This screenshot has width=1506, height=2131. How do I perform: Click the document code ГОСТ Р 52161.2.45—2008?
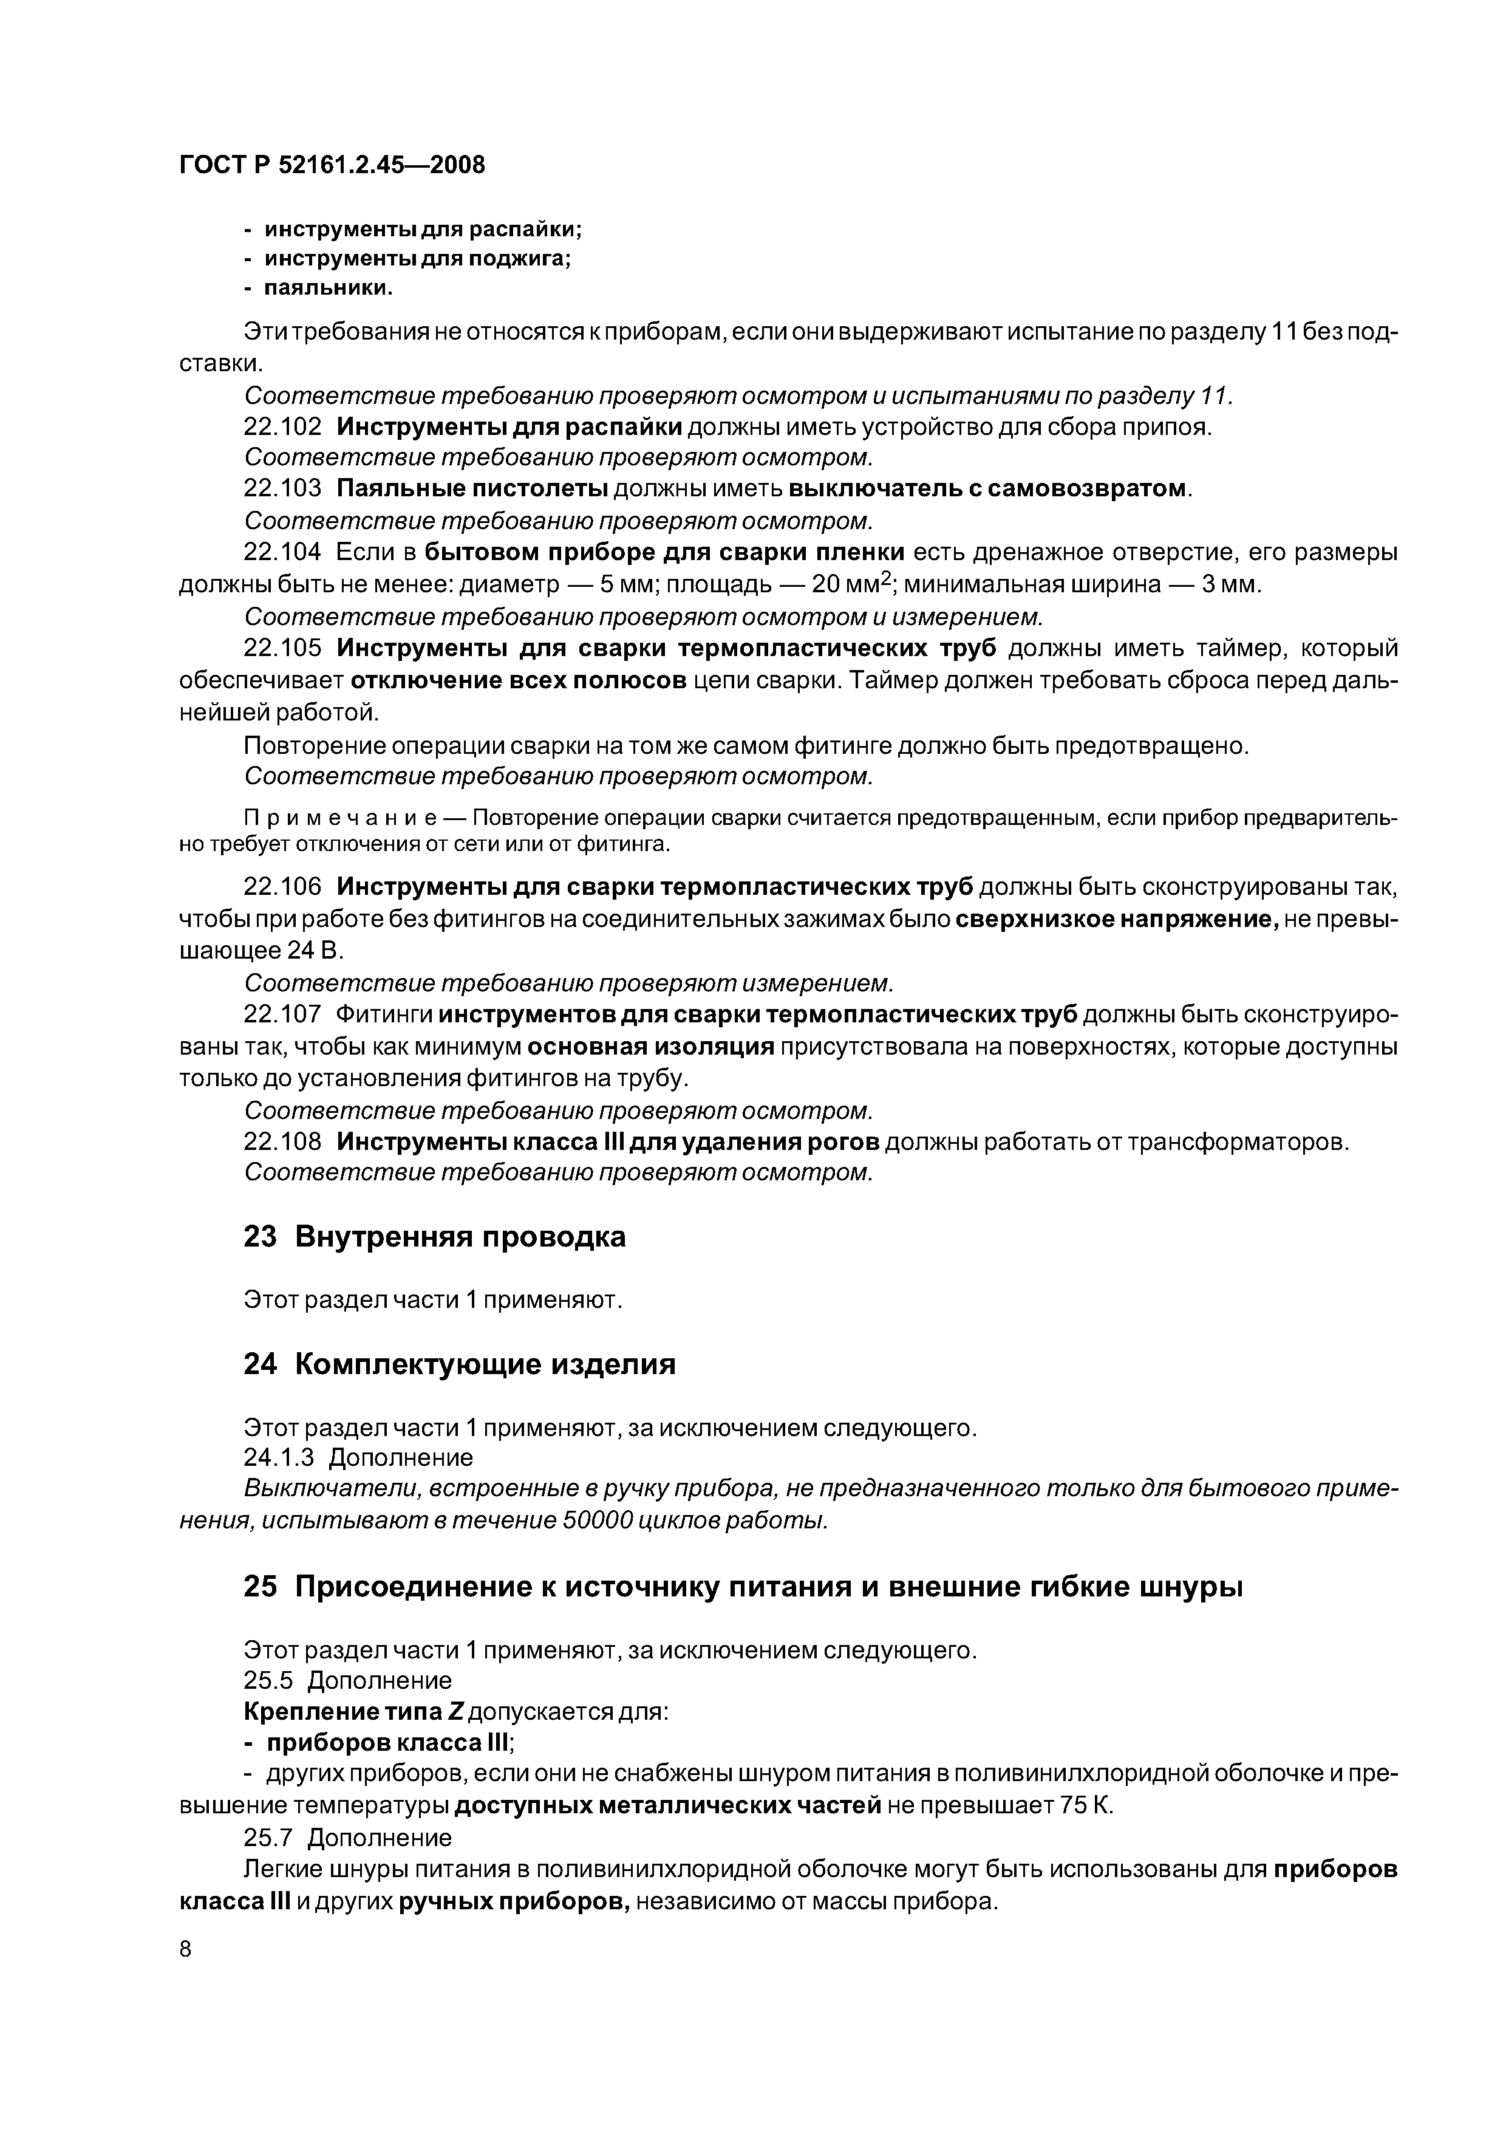(332, 165)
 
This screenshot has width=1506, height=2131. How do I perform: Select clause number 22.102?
(282, 427)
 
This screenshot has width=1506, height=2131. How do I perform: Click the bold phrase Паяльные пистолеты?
(471, 489)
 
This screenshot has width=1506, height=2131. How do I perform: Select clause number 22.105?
(282, 648)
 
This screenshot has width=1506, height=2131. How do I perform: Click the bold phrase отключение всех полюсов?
(519, 680)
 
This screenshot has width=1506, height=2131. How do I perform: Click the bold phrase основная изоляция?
(650, 1047)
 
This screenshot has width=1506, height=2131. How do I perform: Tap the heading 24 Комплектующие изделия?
(459, 1364)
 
